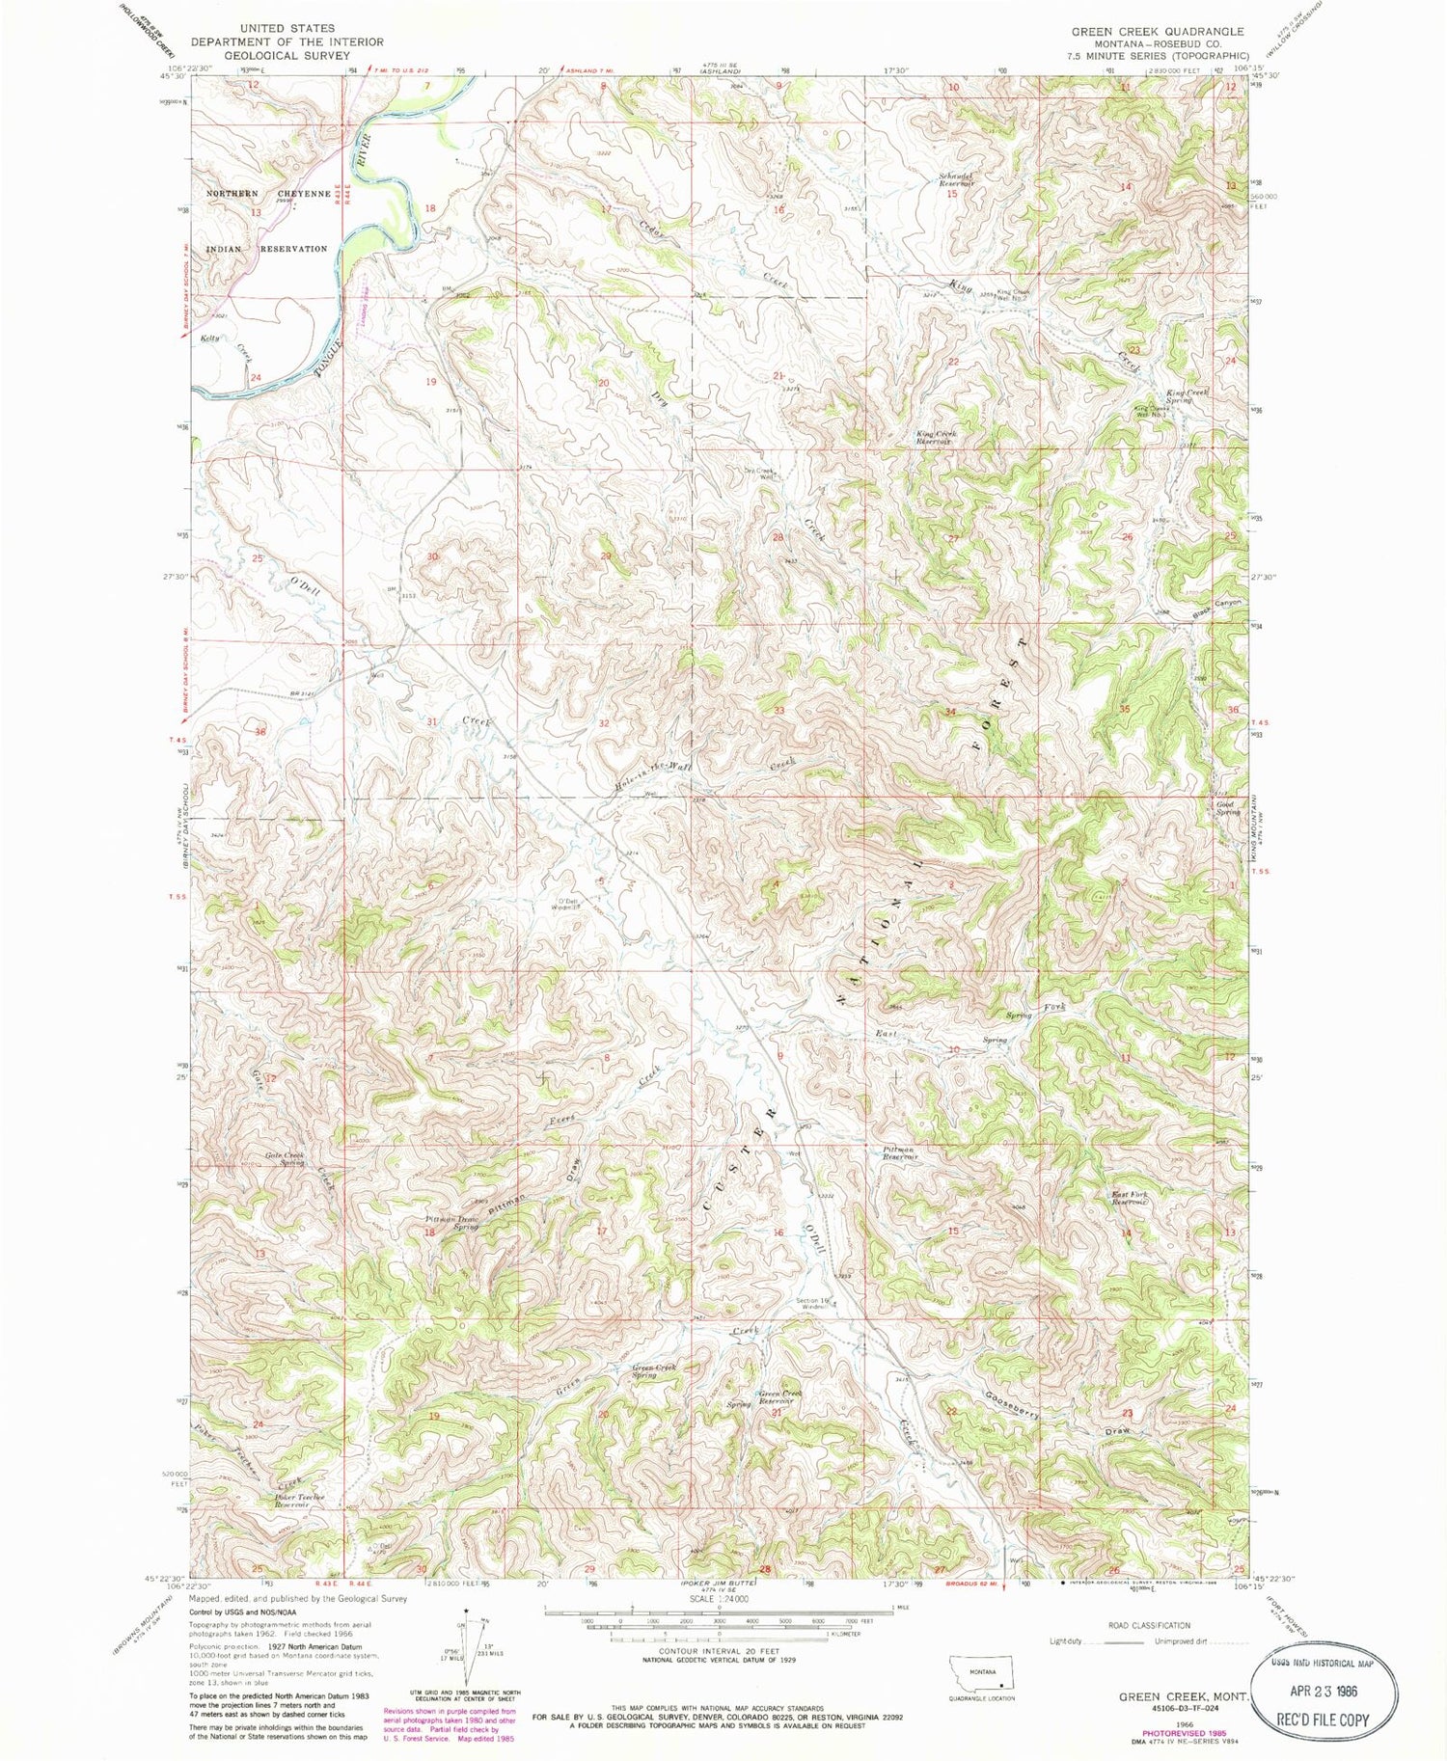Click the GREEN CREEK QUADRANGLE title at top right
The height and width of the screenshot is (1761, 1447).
[x=1157, y=32]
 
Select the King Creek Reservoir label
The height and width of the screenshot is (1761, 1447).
[x=936, y=438]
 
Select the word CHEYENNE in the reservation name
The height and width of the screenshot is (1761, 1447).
[x=304, y=193]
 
